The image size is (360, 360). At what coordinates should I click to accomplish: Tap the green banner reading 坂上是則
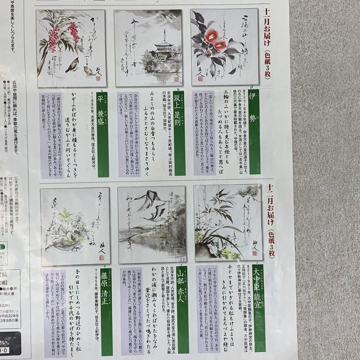(179, 133)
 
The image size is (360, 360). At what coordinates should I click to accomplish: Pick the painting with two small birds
(71, 48)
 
